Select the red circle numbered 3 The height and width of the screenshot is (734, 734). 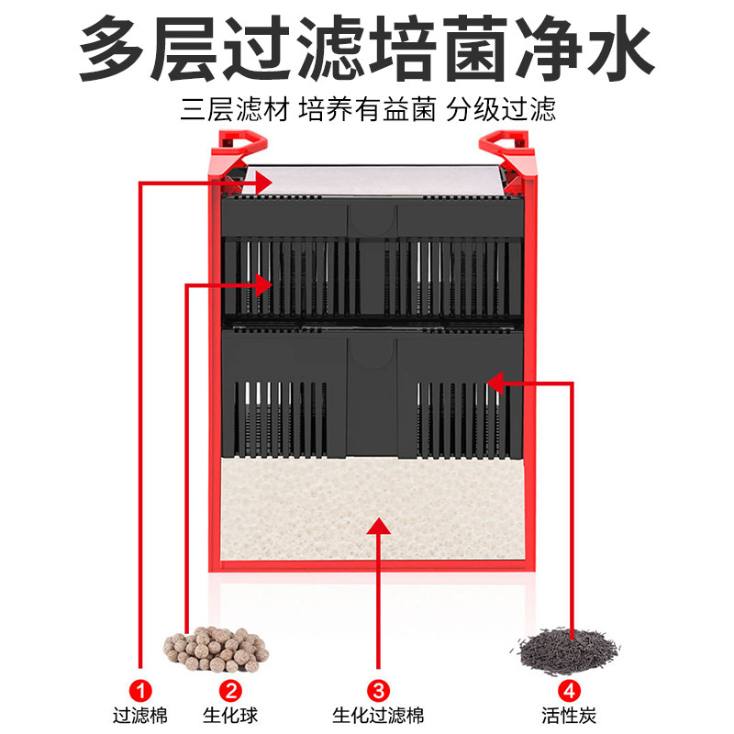pos(377,690)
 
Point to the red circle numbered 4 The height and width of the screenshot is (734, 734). pos(571,690)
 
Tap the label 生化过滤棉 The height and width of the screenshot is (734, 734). pos(377,715)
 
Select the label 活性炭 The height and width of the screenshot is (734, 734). pos(571,715)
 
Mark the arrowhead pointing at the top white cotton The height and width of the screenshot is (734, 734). pos(264,183)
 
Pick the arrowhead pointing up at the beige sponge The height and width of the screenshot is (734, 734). pos(377,526)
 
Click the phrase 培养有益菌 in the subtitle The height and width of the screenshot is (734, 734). pos(367,112)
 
